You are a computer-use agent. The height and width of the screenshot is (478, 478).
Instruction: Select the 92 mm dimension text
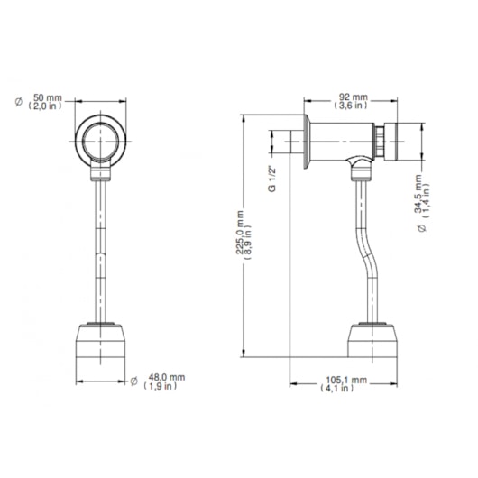click(x=352, y=96)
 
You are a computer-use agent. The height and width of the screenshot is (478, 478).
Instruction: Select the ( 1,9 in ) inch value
click(x=163, y=386)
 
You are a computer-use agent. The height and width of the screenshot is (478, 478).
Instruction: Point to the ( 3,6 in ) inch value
click(x=352, y=106)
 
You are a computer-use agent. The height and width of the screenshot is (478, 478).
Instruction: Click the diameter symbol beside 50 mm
click(x=17, y=101)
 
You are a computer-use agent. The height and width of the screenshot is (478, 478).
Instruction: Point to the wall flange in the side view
click(x=308, y=142)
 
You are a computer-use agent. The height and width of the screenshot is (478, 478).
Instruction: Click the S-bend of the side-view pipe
click(x=363, y=257)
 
